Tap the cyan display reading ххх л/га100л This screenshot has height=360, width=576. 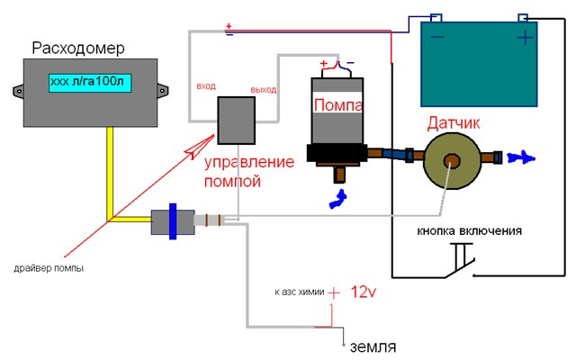(x=88, y=82)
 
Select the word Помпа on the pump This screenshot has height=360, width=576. (x=337, y=105)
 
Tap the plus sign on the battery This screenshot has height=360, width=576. (x=525, y=39)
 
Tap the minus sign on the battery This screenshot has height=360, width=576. (x=437, y=38)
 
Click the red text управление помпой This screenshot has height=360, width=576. (x=248, y=172)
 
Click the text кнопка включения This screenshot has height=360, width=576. (x=469, y=230)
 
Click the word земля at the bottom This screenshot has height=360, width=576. (x=373, y=346)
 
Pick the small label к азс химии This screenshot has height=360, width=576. (x=298, y=293)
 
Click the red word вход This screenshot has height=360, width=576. (x=205, y=87)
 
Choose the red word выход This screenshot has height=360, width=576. (x=264, y=90)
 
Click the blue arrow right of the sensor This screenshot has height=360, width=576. (x=519, y=157)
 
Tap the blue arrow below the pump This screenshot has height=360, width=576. (x=341, y=198)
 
